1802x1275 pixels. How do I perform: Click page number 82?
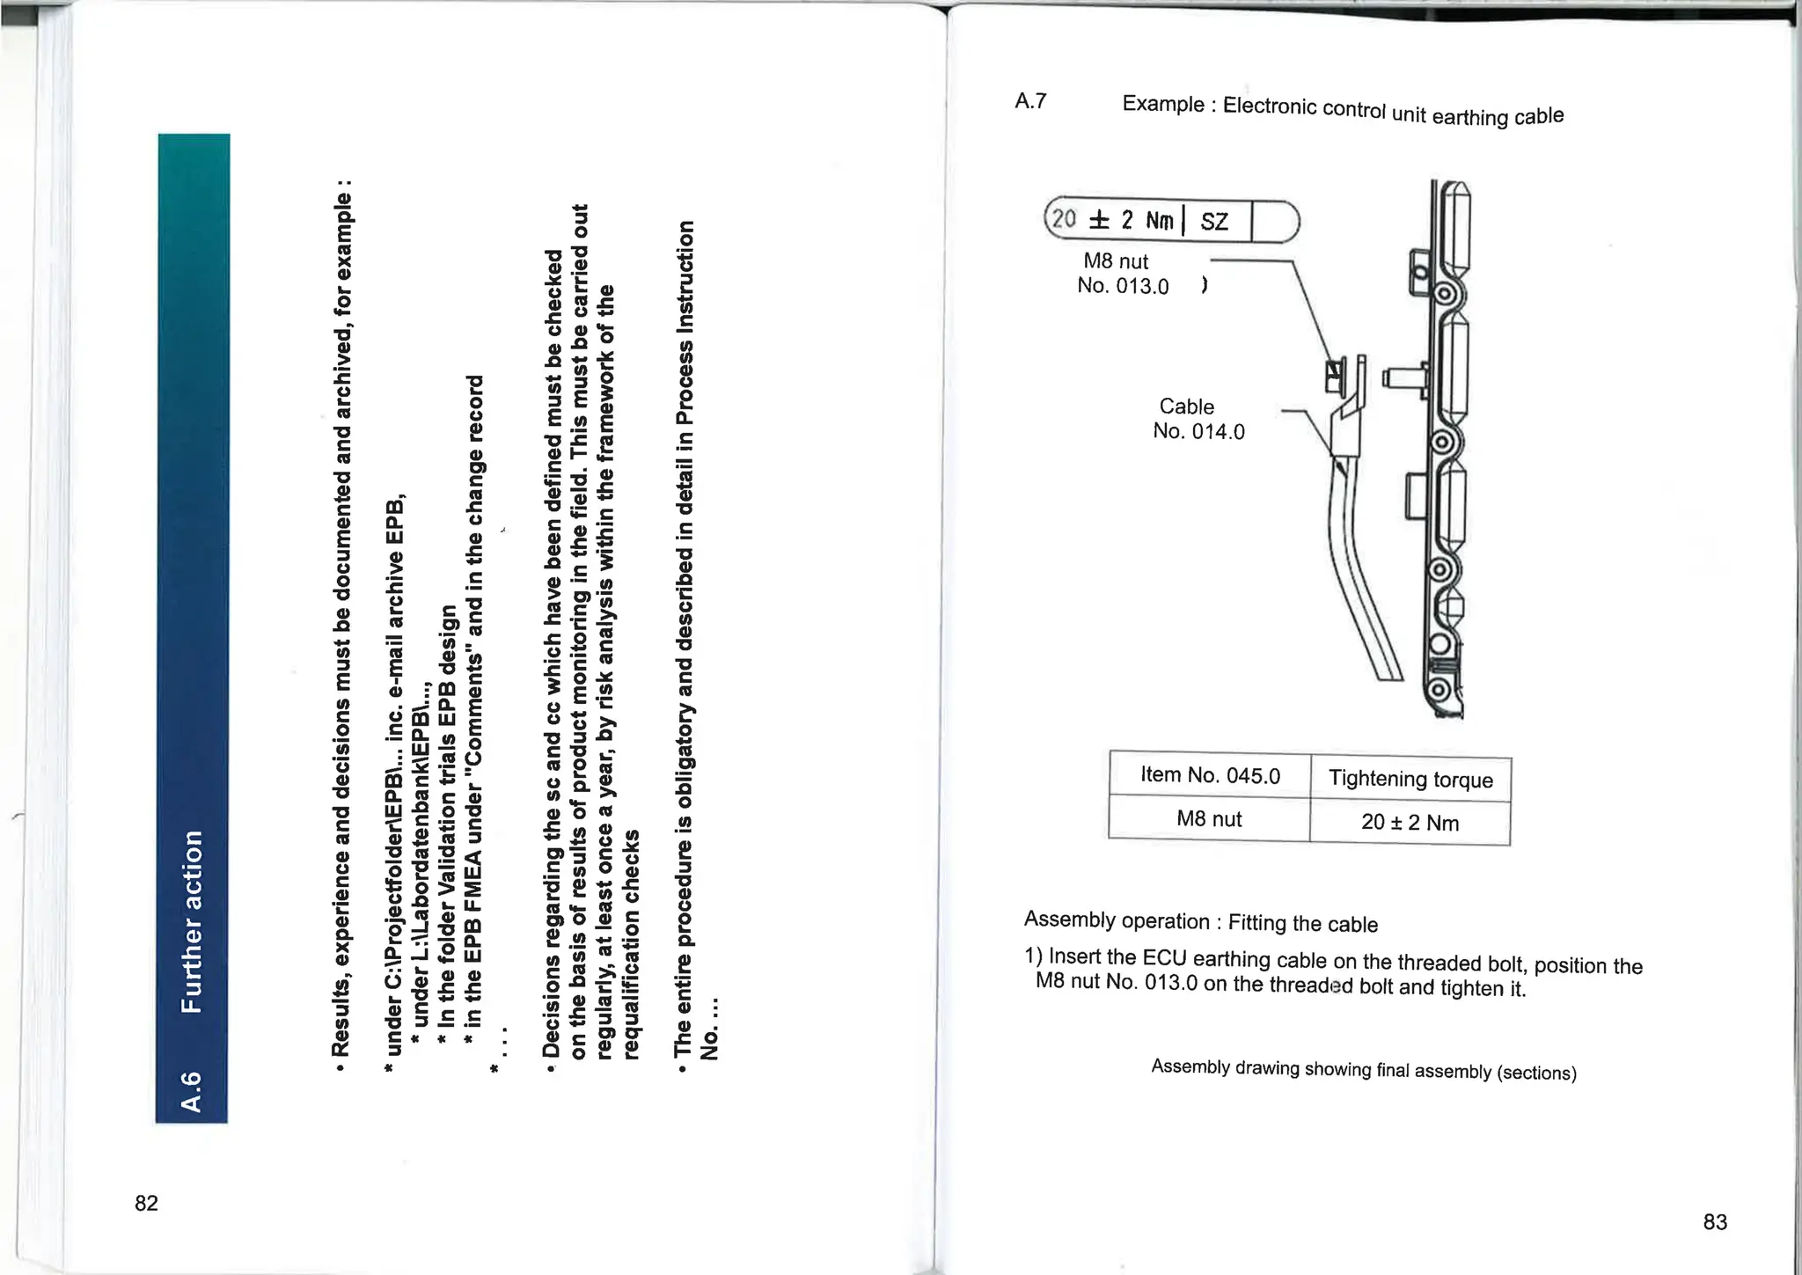pyautogui.click(x=146, y=1203)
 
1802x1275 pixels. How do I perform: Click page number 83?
pyautogui.click(x=1715, y=1221)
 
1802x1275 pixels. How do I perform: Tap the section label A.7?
pyautogui.click(x=1030, y=101)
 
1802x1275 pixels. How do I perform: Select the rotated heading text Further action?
pyautogui.click(x=192, y=920)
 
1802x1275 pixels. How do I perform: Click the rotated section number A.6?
pyautogui.click(x=191, y=1090)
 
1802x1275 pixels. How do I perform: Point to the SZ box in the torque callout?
pyautogui.click(x=1214, y=222)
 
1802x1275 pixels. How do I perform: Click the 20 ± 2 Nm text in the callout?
pyautogui.click(x=1113, y=219)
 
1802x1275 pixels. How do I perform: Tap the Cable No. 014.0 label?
pyautogui.click(x=1198, y=419)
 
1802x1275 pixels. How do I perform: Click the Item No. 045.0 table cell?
pyautogui.click(x=1210, y=775)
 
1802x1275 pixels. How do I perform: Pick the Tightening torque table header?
pyautogui.click(x=1410, y=779)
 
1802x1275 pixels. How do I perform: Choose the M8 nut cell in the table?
pyautogui.click(x=1209, y=819)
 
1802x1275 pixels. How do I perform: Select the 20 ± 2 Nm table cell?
pyautogui.click(x=1410, y=823)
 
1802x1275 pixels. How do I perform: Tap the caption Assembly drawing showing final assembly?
pyautogui.click(x=1363, y=1069)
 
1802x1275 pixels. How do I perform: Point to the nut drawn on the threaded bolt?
pyautogui.click(x=1335, y=375)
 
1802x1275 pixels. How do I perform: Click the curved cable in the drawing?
pyautogui.click(x=1359, y=581)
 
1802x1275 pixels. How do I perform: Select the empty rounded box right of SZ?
pyautogui.click(x=1274, y=222)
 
